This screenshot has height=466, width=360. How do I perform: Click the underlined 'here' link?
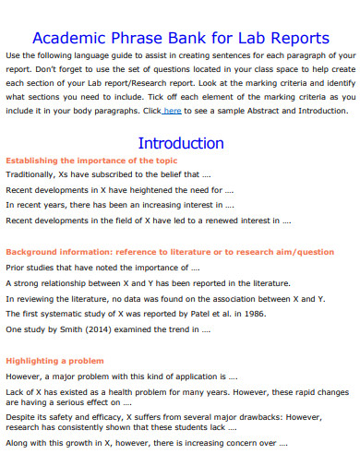point(172,110)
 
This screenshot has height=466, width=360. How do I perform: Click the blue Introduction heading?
point(181,143)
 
